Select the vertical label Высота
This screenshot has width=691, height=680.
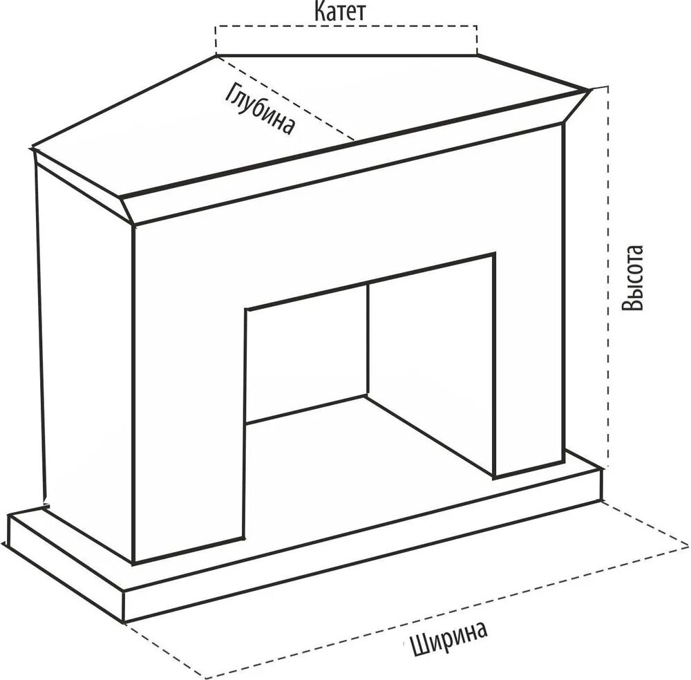(632, 278)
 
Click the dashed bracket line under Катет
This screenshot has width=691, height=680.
(345, 28)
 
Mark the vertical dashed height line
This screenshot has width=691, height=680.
(608, 276)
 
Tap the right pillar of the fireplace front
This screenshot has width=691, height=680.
(529, 311)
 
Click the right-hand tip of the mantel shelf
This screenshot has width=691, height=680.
(589, 90)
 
